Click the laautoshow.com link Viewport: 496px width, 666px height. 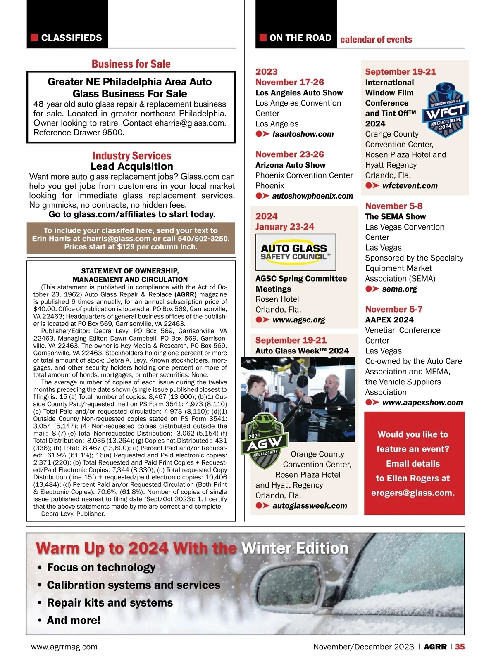(303, 134)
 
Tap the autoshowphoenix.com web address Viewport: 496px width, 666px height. (312, 196)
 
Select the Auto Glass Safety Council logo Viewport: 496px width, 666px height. (296, 252)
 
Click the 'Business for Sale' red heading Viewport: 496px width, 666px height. (131, 64)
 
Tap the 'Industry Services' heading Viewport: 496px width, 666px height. (131, 156)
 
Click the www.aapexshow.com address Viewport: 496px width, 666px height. (422, 403)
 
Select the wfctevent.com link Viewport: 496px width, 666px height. (409, 186)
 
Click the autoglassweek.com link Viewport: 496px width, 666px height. (310, 506)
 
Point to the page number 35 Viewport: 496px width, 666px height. (460, 647)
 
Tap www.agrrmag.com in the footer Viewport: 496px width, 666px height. (64, 647)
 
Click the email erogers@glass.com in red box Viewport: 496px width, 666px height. (413, 493)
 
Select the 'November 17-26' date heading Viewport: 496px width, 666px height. (290, 82)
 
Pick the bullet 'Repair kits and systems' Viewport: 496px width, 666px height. (110, 603)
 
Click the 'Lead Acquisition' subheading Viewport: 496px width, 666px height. (132, 166)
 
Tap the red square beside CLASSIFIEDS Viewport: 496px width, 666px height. (34, 38)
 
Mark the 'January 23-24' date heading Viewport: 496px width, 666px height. (285, 227)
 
